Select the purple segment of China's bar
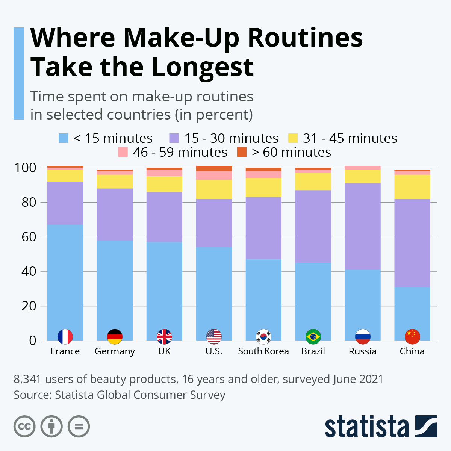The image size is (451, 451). click(x=412, y=243)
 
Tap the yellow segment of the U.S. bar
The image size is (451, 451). click(x=214, y=189)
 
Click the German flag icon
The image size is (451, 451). click(x=115, y=337)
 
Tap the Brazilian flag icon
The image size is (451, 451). click(x=313, y=337)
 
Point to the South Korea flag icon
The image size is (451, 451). click(x=263, y=337)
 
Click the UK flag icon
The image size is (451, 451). click(x=164, y=337)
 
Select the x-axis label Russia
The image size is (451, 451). click(x=363, y=351)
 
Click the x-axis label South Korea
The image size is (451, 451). click(x=263, y=351)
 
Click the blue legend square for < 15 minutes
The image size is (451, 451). click(x=64, y=138)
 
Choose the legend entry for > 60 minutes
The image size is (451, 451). click(x=284, y=152)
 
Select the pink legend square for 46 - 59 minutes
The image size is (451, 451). click(x=123, y=152)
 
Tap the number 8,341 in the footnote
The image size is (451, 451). click(x=27, y=379)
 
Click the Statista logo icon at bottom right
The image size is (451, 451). click(x=426, y=426)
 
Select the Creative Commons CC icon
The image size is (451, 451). click(x=24, y=427)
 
